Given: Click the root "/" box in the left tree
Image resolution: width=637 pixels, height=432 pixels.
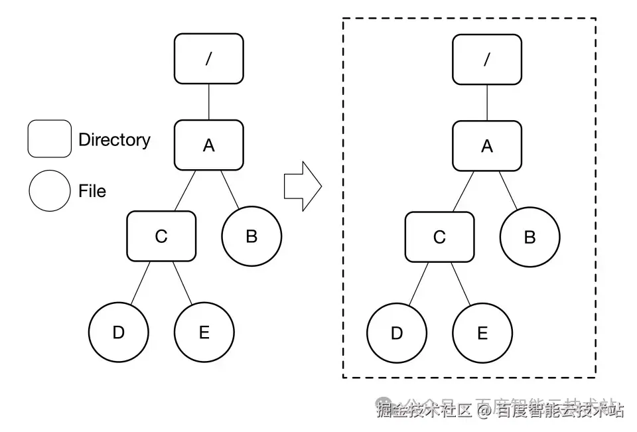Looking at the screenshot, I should pyautogui.click(x=208, y=59).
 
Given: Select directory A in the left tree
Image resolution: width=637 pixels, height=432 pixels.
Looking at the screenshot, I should pyautogui.click(x=208, y=145).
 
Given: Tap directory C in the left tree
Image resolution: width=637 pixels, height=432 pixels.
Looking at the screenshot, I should pyautogui.click(x=161, y=236).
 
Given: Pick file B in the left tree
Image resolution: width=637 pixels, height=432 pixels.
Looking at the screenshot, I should pyautogui.click(x=251, y=236).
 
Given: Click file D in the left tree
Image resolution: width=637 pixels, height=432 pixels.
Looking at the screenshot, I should pyautogui.click(x=118, y=332).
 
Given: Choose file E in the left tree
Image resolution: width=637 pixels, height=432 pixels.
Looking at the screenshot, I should pyautogui.click(x=204, y=332).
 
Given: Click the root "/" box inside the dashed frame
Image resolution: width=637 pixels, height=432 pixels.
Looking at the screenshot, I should pyautogui.click(x=487, y=59).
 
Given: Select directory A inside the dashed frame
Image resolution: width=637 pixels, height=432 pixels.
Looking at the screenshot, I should pyautogui.click(x=487, y=145).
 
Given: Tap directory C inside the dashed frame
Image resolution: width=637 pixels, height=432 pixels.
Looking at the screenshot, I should pyautogui.click(x=439, y=236).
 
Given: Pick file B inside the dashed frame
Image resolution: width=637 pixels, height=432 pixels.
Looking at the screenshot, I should pyautogui.click(x=530, y=236).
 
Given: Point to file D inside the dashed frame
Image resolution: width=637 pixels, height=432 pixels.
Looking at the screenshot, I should pyautogui.click(x=397, y=332).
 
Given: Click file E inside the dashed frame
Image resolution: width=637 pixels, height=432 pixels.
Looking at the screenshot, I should pyautogui.click(x=482, y=332).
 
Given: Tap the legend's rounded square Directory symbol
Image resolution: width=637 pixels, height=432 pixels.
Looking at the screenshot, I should pyautogui.click(x=49, y=139).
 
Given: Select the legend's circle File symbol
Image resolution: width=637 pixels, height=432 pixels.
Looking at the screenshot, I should pyautogui.click(x=49, y=191).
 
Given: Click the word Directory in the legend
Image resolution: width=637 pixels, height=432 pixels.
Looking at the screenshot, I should pyautogui.click(x=114, y=140).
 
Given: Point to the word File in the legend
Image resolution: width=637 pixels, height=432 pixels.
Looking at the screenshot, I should pyautogui.click(x=92, y=191).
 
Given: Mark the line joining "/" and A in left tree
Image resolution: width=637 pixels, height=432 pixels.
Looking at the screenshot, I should pyautogui.click(x=208, y=102).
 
